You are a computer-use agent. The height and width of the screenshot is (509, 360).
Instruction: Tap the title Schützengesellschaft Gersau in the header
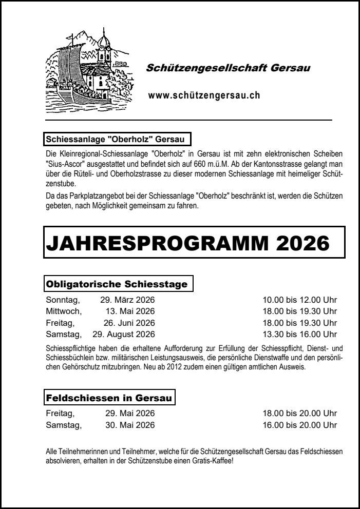[228, 68]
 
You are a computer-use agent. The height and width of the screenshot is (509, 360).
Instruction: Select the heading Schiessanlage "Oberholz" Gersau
[118, 139]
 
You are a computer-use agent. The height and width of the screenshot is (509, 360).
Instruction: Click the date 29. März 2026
[127, 300]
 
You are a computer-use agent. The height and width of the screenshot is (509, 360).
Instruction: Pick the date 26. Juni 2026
[129, 323]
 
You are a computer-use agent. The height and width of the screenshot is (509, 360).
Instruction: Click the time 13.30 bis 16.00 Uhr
[300, 335]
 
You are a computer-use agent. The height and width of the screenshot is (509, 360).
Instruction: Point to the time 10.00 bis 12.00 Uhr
[300, 300]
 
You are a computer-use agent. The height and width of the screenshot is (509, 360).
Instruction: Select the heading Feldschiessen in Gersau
[110, 398]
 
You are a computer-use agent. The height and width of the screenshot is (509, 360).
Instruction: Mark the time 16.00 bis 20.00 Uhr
[300, 425]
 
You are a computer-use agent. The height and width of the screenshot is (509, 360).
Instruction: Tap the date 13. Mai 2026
[130, 311]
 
